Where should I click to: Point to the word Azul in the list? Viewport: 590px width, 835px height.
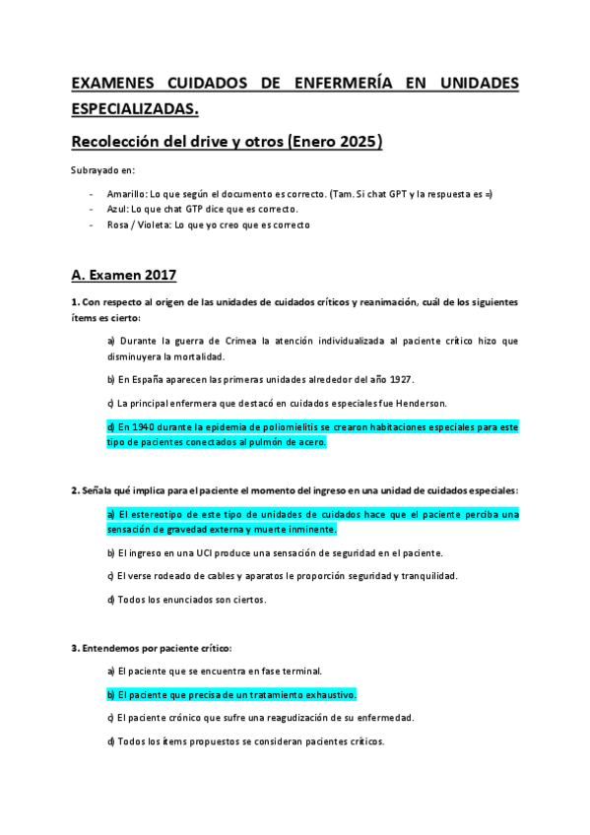pos(116,210)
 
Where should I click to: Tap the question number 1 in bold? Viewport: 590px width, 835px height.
pos(74,301)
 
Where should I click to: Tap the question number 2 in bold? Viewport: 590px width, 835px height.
pos(74,489)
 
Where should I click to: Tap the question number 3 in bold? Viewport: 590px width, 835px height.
pos(74,648)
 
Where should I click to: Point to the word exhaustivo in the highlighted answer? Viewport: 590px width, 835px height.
pos(329,694)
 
